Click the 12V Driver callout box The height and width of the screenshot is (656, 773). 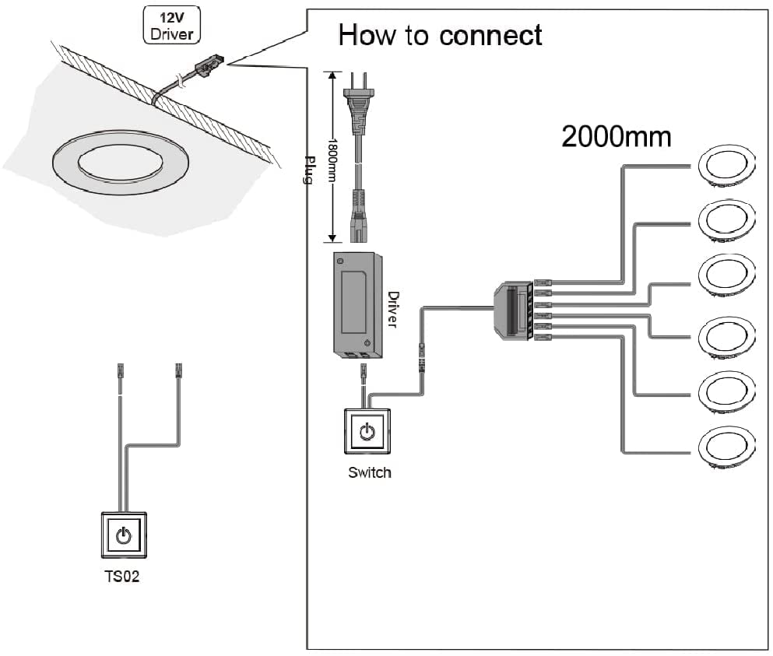tap(172, 24)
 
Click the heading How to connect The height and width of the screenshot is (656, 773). tap(440, 35)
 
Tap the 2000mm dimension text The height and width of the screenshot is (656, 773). tap(616, 137)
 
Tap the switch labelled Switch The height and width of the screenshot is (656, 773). tap(368, 431)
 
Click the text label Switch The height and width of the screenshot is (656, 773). tap(369, 472)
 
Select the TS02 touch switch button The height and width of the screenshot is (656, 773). tap(123, 535)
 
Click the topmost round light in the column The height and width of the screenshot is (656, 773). tap(726, 167)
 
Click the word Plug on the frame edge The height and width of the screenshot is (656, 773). tap(307, 170)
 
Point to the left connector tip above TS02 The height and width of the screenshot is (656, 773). tap(120, 370)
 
